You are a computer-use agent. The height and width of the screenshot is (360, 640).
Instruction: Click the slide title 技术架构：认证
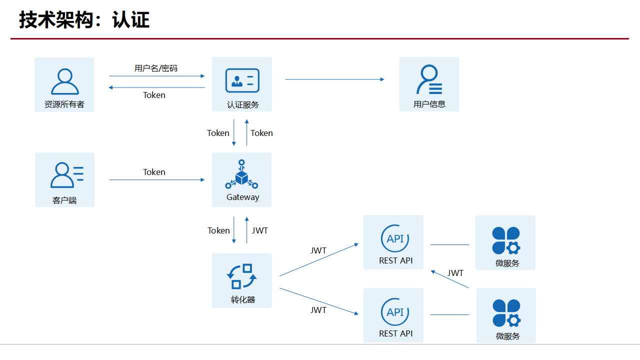pos(84,20)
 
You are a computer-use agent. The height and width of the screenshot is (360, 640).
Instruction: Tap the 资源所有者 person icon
pos(64,81)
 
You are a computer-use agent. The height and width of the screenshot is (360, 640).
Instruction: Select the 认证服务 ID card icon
pos(242,80)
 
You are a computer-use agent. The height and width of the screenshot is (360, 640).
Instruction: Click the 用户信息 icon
pos(429,79)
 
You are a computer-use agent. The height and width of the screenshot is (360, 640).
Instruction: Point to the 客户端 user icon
pos(66,175)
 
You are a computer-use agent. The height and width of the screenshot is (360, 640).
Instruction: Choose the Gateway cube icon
pos(241,174)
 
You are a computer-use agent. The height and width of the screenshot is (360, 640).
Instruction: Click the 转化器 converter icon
pos(242,276)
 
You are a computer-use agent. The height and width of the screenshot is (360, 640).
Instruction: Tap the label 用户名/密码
pos(156,68)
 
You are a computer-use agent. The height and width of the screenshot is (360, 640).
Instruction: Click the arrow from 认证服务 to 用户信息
pos(334,79)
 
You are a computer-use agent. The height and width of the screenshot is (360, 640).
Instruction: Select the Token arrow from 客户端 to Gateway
pos(157,179)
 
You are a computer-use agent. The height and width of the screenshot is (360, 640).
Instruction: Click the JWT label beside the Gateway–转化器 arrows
pos(260,230)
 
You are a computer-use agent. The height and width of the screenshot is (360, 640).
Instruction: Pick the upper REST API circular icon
pos(395,238)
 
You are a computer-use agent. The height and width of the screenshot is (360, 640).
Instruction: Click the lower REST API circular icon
pos(395,312)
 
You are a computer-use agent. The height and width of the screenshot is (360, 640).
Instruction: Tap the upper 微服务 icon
pos(506,240)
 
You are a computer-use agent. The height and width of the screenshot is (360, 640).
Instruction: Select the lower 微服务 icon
pos(506,313)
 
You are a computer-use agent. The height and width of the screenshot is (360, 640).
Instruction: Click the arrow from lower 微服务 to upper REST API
pos(450,279)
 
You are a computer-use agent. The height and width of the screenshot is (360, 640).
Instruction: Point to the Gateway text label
pos(243,197)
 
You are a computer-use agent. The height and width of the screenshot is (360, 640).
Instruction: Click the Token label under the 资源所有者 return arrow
pos(154,95)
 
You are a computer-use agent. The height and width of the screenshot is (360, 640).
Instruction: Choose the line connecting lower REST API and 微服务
pos(449,314)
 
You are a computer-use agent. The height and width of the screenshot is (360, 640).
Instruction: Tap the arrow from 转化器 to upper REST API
pos(319,260)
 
